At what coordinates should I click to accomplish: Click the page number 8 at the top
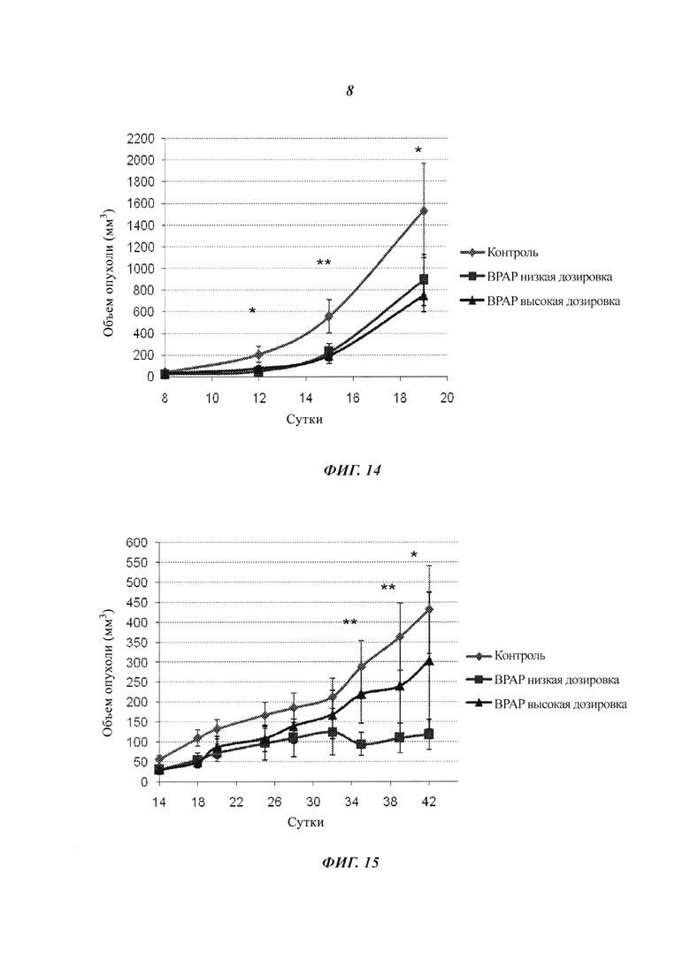(349, 91)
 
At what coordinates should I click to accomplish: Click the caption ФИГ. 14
(351, 471)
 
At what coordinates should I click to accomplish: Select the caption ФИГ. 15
(350, 863)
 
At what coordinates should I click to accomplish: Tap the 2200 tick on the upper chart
(141, 139)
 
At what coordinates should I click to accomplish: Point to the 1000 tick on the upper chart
(141, 269)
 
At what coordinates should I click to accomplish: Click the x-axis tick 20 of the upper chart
(447, 398)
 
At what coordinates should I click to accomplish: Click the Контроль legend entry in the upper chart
(500, 253)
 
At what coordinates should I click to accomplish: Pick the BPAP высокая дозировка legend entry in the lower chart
(547, 704)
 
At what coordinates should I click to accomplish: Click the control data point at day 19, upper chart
(424, 210)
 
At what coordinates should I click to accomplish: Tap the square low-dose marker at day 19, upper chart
(424, 279)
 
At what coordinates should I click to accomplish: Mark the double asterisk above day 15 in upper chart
(324, 263)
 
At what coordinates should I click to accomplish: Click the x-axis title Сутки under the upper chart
(304, 419)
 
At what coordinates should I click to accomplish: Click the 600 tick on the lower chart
(137, 542)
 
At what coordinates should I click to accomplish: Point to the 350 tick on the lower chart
(137, 643)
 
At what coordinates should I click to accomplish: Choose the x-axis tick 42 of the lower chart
(429, 802)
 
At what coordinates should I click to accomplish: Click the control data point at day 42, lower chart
(429, 609)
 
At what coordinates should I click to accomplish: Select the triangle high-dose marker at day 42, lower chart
(429, 661)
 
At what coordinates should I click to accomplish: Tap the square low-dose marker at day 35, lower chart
(361, 744)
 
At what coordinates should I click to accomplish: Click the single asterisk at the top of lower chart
(414, 555)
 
